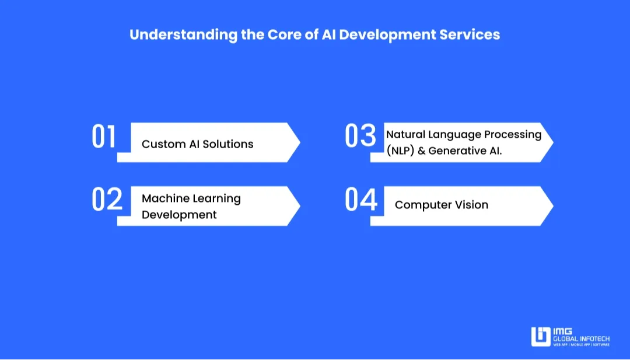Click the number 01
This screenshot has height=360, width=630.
104,137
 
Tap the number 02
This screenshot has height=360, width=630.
107,200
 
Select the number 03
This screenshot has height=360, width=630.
360,137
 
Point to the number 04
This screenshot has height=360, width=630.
360,200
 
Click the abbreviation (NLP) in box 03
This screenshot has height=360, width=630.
400,151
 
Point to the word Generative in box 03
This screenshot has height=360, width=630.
457,151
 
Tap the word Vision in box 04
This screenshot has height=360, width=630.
471,205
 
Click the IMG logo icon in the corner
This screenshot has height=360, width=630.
540,337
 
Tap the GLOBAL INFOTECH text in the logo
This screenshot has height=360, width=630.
582,338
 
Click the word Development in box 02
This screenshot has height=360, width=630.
179,215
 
